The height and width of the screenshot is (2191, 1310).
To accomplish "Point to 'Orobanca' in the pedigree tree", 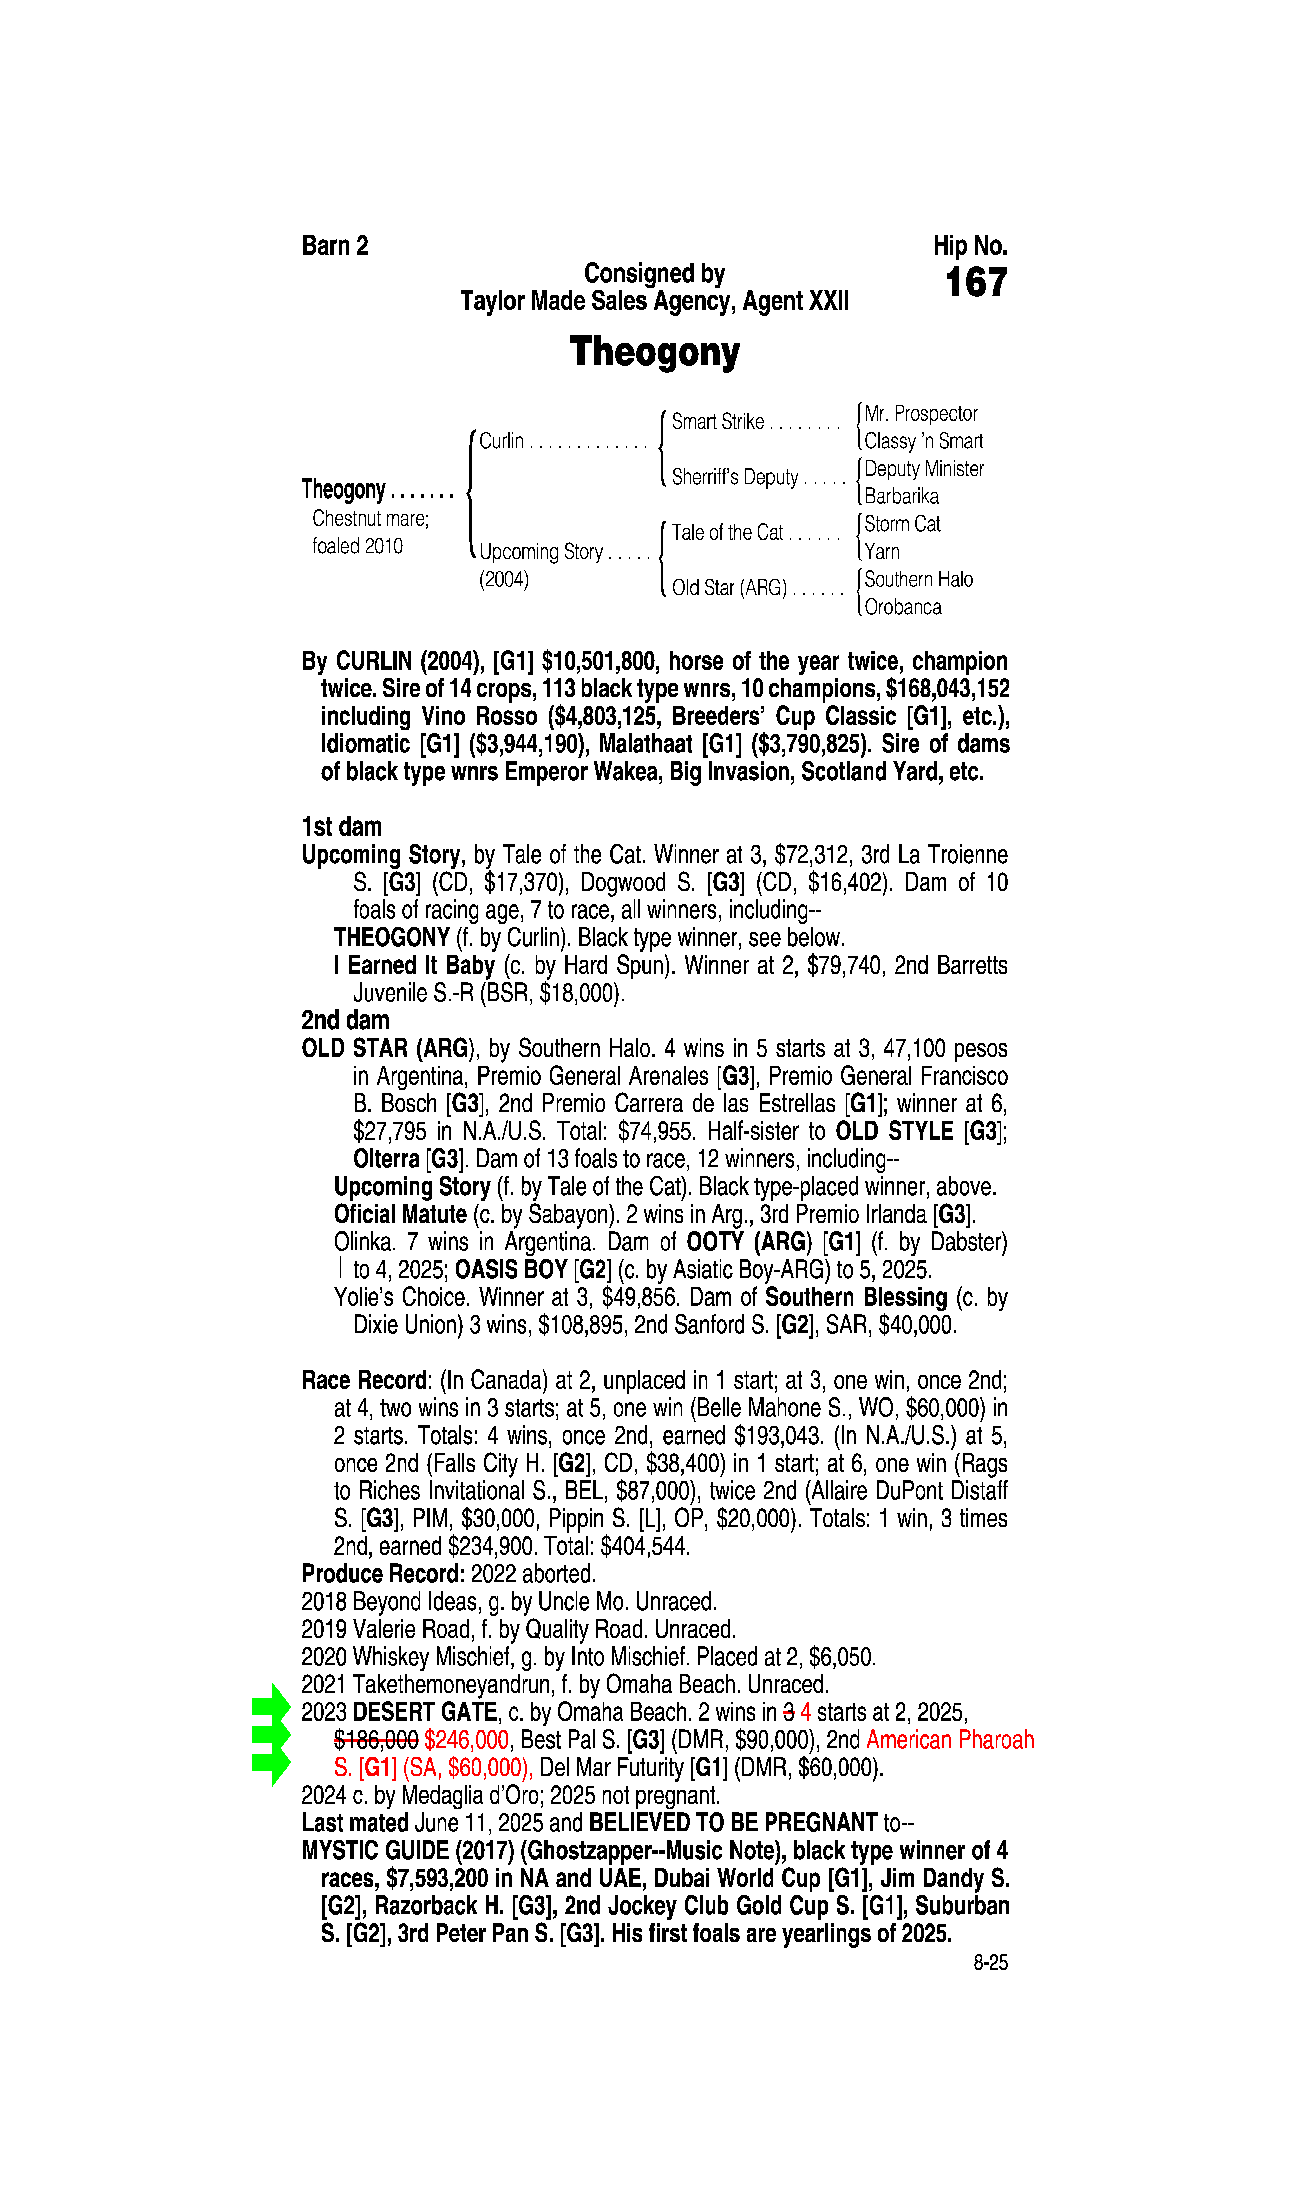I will (902, 607).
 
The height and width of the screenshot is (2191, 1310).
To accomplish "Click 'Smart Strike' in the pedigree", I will (718, 422).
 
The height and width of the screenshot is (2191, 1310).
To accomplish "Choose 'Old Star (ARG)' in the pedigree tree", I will (729, 588).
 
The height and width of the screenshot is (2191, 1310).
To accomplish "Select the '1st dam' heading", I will (342, 827).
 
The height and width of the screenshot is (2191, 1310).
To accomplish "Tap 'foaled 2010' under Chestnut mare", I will (358, 546).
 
